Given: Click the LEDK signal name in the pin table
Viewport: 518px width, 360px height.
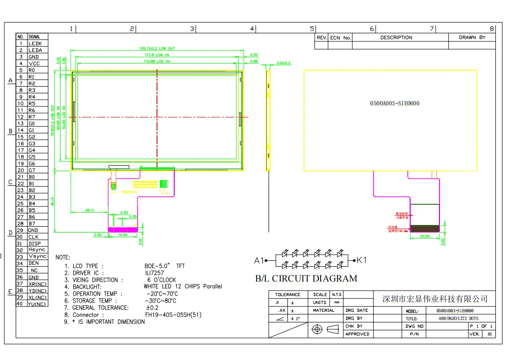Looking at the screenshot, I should (35, 43).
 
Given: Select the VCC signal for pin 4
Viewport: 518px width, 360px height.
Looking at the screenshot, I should (34, 64).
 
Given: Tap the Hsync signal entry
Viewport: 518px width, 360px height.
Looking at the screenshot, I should (37, 250).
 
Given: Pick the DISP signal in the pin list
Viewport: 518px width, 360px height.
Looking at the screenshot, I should (34, 244).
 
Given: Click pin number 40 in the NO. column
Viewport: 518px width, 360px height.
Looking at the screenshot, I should (20, 304).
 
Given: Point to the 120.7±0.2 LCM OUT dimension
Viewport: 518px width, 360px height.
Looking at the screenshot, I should (157, 49).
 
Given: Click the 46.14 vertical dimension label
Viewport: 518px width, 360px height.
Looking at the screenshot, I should (52, 201).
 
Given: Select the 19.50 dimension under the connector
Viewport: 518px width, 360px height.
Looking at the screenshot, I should (123, 235).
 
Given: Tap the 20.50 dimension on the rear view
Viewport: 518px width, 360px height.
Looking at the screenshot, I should (425, 236).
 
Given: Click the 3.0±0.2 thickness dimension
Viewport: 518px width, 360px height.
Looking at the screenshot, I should (284, 63).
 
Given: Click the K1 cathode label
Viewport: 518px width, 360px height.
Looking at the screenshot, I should (362, 260).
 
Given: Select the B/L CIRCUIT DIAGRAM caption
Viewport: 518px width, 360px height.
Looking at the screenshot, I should (306, 279).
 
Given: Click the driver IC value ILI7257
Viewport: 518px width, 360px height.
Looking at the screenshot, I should (154, 273).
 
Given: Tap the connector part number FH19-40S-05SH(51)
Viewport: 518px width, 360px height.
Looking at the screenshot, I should (173, 315).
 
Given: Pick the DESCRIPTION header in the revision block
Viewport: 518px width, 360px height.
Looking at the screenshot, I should (396, 38).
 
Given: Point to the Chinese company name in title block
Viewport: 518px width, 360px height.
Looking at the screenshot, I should (435, 299).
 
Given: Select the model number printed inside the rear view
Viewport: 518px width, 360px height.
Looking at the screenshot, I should (394, 103).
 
